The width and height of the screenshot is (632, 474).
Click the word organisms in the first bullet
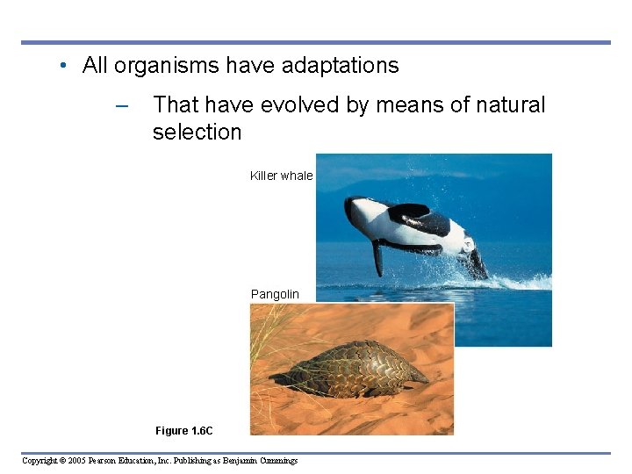tap(166, 66)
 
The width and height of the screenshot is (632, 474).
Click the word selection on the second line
tap(197, 133)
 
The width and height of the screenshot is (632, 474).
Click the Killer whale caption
tap(281, 176)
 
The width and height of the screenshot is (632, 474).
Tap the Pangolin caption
tap(275, 294)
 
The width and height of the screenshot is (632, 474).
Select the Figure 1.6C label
tap(183, 431)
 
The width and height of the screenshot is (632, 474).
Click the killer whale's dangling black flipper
tap(377, 257)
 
